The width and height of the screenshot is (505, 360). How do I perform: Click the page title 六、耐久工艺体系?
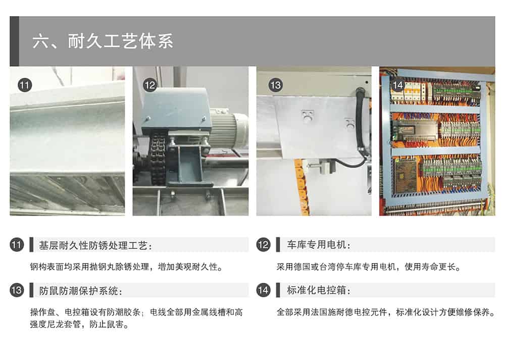click(103, 41)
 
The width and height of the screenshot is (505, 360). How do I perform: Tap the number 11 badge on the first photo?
click(25, 85)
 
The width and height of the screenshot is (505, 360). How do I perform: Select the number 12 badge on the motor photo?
click(150, 85)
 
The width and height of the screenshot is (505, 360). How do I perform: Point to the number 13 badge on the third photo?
click(275, 85)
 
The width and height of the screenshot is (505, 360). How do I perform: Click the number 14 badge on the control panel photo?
click(398, 85)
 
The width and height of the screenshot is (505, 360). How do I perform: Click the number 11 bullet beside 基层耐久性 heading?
click(17, 245)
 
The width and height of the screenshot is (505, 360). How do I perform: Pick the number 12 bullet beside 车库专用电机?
click(263, 245)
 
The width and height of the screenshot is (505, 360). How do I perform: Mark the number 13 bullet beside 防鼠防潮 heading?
click(17, 290)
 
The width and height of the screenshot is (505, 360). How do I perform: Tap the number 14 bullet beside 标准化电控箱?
click(263, 290)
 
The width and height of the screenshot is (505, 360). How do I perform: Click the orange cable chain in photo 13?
click(302, 187)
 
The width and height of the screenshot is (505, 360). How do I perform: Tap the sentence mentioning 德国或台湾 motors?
click(369, 267)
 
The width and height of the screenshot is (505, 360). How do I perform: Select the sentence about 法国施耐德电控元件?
click(386, 312)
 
